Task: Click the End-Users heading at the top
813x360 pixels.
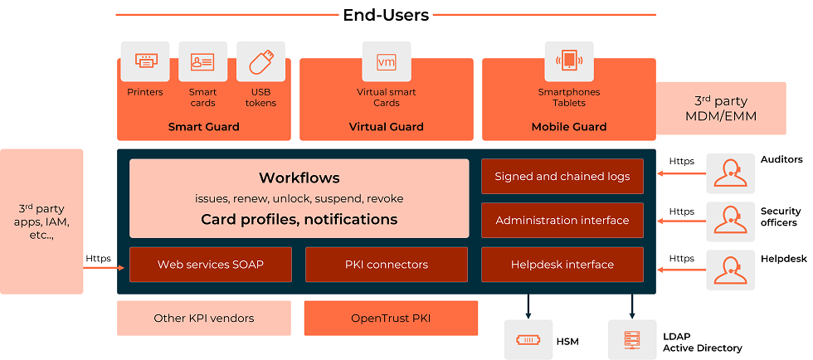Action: (386, 15)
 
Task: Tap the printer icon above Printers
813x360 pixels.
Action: (145, 61)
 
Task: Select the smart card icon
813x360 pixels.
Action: (202, 61)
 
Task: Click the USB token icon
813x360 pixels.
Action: (260, 61)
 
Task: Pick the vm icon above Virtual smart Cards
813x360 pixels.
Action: (386, 61)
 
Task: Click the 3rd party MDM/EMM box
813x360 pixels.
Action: (720, 108)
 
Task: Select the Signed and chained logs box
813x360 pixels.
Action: (562, 176)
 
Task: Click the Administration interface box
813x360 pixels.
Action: (562, 220)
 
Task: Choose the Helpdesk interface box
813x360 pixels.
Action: (562, 265)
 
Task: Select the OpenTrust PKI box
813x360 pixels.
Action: (391, 318)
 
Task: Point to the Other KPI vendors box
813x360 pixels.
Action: (204, 318)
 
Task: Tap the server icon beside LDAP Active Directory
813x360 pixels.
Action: (631, 340)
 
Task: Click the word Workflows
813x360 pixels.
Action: (299, 178)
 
